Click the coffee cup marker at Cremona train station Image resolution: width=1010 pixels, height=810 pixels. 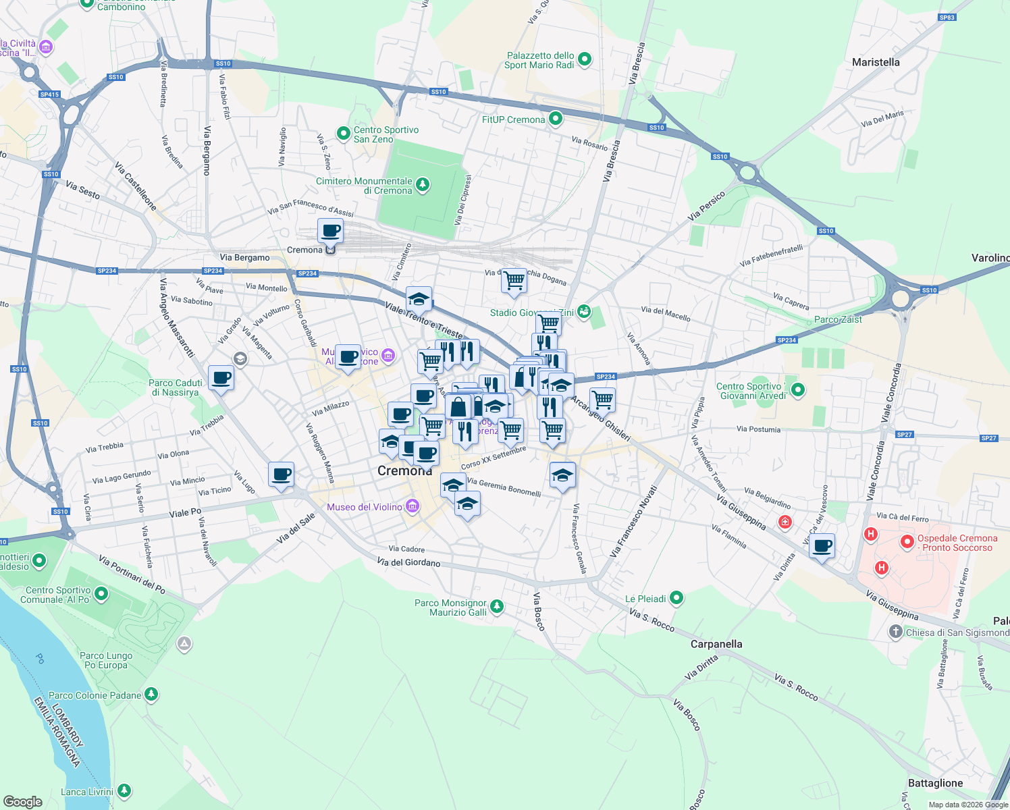click(330, 231)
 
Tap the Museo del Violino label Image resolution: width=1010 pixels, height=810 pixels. click(365, 507)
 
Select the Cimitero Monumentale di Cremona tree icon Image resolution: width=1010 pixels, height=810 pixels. click(423, 185)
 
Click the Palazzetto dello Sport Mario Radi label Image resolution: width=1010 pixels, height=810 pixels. click(540, 61)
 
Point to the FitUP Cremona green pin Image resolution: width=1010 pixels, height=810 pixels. click(556, 119)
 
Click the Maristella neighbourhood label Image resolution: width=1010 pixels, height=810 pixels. click(876, 62)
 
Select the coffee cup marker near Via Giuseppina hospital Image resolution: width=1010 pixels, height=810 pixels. click(822, 545)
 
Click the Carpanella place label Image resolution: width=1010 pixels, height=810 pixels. click(716, 644)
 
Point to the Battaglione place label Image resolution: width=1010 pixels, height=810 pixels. click(935, 783)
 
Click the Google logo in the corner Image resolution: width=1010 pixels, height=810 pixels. click(23, 801)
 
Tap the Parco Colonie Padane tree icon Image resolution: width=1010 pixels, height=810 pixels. click(151, 695)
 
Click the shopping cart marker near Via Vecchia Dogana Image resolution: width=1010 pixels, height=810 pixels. click(514, 280)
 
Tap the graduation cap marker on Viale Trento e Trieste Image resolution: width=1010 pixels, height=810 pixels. click(419, 298)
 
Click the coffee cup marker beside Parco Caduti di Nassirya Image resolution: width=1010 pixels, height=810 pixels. click(221, 378)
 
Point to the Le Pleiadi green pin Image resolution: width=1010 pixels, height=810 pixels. click(676, 598)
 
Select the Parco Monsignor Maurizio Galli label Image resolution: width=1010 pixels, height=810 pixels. click(450, 607)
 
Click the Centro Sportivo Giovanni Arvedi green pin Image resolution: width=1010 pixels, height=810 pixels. click(798, 390)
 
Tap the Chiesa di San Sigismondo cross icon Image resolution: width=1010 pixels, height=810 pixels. click(895, 632)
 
